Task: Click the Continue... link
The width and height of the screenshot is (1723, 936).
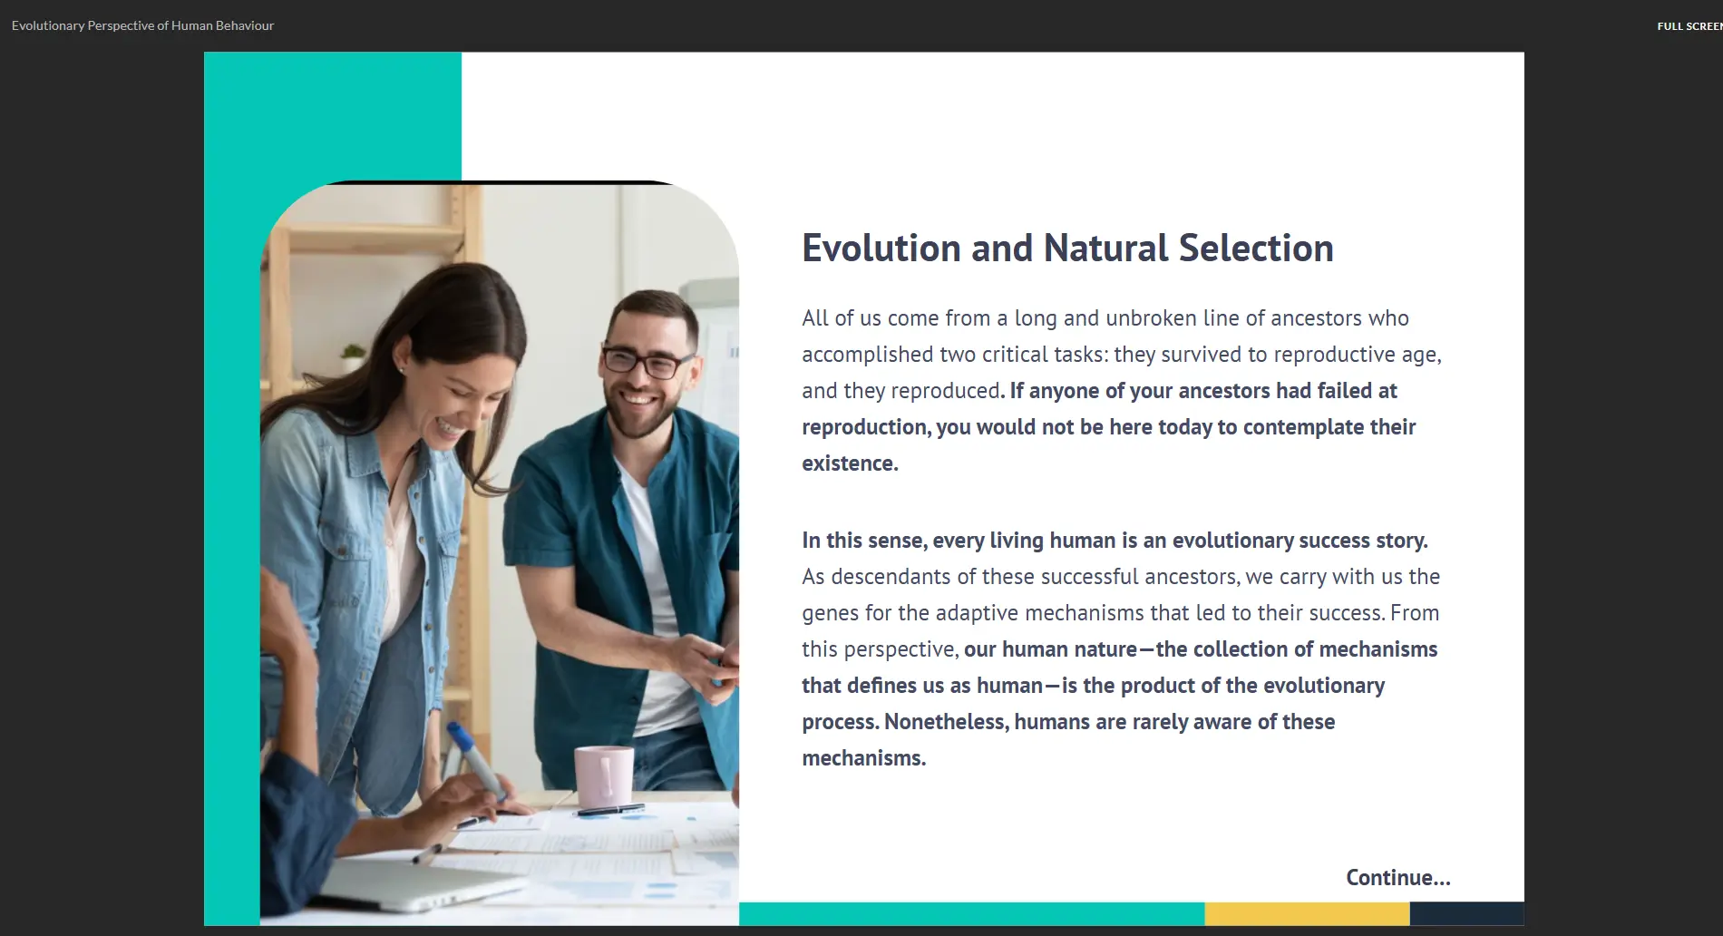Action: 1397,877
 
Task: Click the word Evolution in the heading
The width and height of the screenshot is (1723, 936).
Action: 881,248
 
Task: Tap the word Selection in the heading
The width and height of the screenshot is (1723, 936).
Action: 1256,248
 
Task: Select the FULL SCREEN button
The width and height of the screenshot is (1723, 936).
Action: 1689,26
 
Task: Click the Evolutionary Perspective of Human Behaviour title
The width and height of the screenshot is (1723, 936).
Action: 142,25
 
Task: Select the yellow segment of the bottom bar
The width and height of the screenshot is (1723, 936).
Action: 1307,913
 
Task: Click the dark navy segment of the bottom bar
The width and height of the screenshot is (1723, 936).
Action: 1466,913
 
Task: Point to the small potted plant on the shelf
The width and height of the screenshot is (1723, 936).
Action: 352,356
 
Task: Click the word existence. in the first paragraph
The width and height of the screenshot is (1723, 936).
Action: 850,463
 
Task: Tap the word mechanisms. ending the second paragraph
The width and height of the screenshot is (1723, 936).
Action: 863,758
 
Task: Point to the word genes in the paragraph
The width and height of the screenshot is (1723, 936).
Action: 830,614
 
